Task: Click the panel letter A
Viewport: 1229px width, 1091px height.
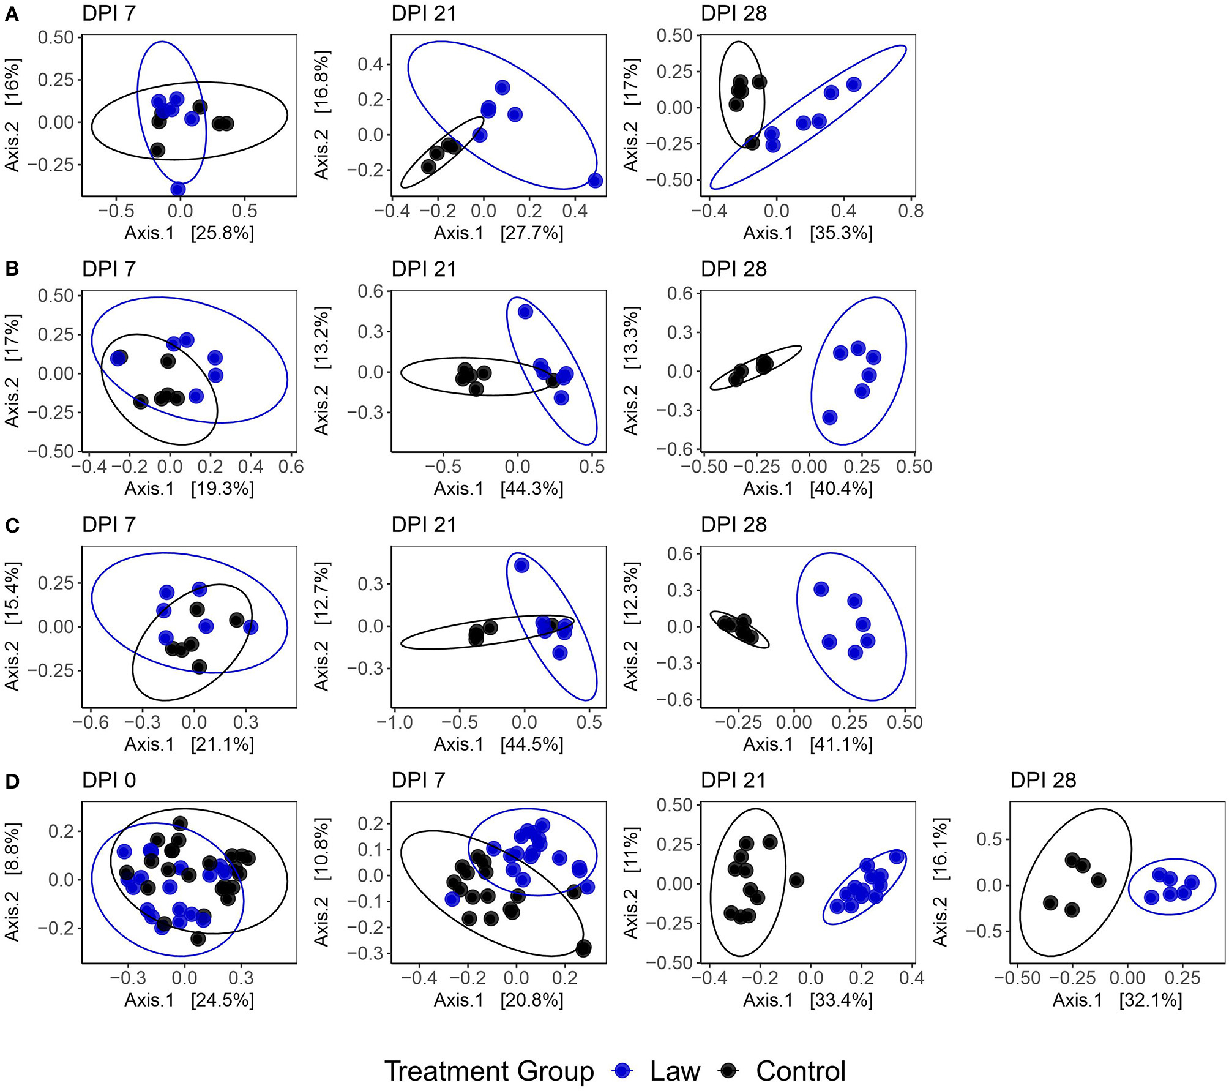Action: (12, 15)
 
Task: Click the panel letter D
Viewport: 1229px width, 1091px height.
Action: (12, 782)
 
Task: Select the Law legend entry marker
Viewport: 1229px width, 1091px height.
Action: (623, 1071)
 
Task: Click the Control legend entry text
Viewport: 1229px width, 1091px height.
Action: (801, 1071)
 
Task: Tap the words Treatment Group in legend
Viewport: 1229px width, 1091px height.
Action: (489, 1071)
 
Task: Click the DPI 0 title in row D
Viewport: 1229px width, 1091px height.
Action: (109, 781)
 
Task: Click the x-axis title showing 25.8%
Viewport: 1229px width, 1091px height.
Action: (189, 233)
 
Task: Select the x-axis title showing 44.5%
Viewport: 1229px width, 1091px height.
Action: (498, 744)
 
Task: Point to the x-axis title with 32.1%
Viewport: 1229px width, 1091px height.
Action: (1117, 1000)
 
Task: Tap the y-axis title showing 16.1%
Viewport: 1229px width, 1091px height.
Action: (940, 882)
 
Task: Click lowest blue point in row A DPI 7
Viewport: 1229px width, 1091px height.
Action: (177, 189)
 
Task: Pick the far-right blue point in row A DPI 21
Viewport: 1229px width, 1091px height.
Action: (595, 181)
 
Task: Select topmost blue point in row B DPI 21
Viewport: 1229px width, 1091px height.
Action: (525, 312)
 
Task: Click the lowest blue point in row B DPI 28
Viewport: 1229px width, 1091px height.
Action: (829, 418)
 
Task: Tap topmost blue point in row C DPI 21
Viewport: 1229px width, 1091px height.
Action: (521, 565)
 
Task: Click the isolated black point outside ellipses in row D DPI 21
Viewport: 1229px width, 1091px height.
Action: (796, 880)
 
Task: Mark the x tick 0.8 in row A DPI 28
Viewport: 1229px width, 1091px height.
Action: (911, 211)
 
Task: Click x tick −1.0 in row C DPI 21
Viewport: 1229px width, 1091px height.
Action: (395, 722)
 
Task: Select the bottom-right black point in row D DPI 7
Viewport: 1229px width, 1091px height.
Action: (583, 948)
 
